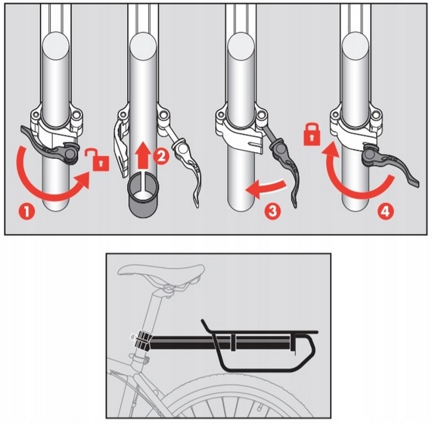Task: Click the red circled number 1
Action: point(26,212)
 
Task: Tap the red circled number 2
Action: point(161,157)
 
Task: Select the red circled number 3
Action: point(272,211)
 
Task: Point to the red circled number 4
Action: point(386,211)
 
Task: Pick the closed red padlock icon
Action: point(312,135)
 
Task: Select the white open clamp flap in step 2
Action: point(121,149)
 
